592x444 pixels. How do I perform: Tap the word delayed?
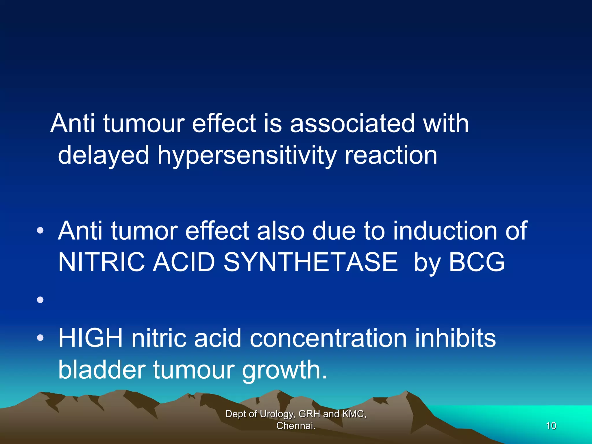coord(103,156)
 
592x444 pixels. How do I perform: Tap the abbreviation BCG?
coord(476,262)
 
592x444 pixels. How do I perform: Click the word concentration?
coord(328,339)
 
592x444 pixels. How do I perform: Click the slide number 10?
coord(551,426)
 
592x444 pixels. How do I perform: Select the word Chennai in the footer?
coord(295,426)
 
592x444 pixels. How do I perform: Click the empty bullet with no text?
coord(40,300)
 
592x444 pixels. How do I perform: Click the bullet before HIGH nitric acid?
coord(40,338)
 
